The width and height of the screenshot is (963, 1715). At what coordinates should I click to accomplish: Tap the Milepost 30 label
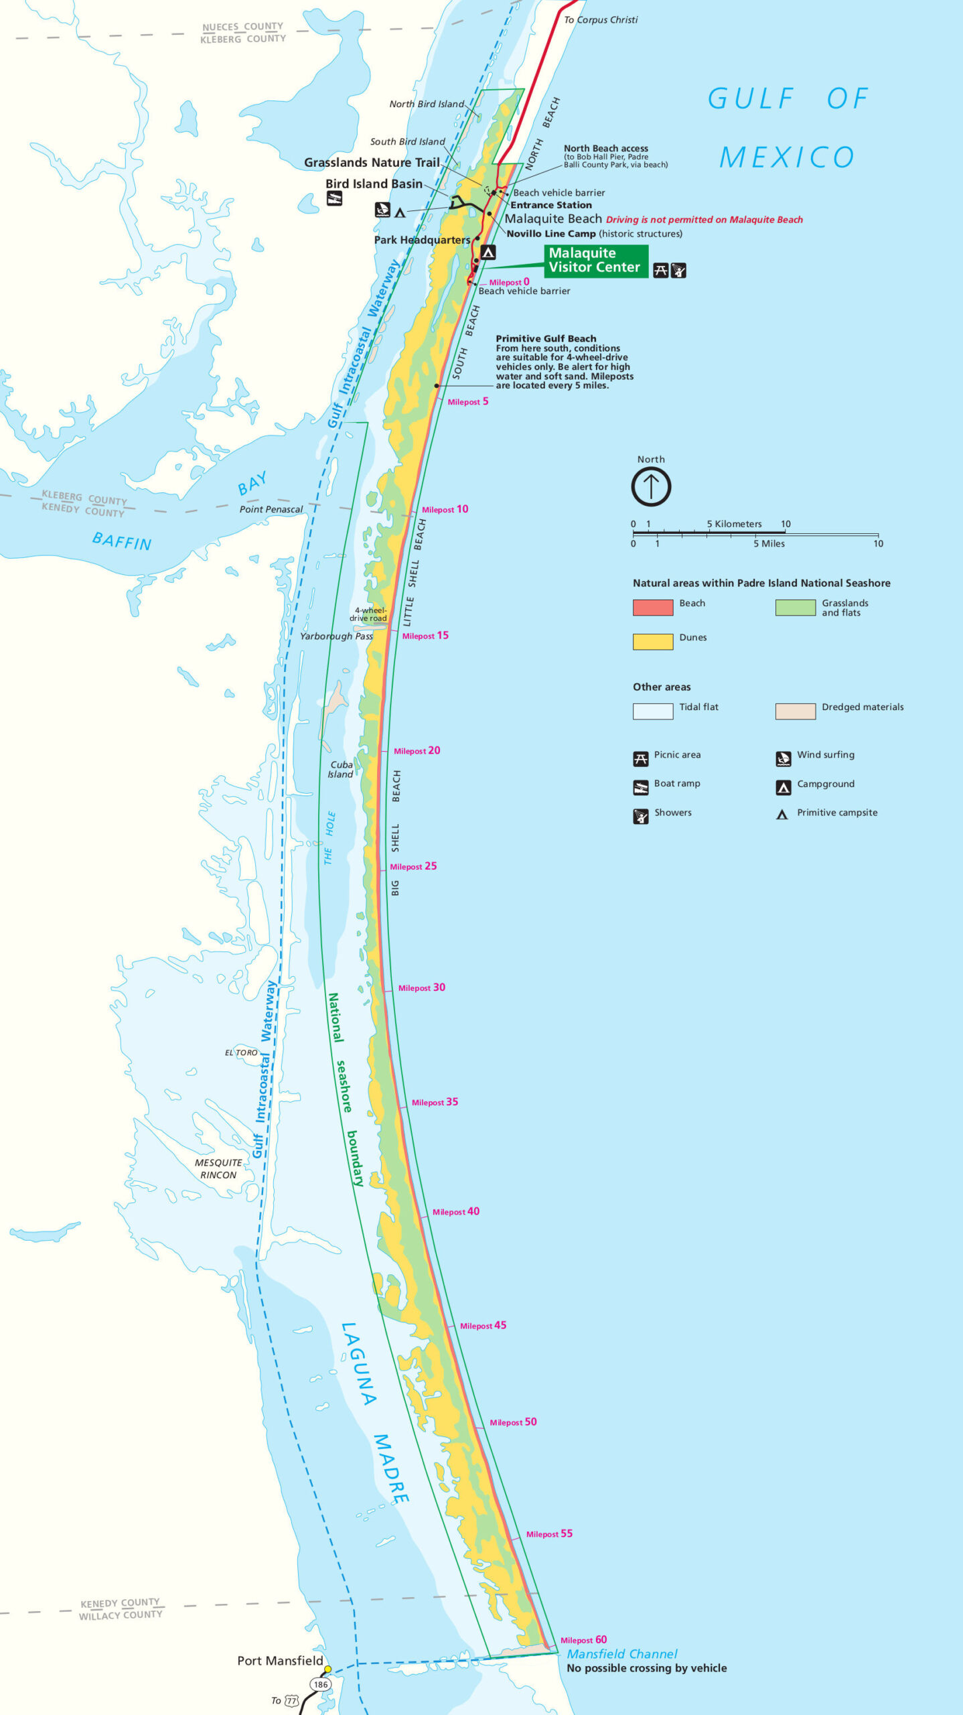point(421,987)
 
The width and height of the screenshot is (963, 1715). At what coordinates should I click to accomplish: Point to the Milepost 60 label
point(583,1640)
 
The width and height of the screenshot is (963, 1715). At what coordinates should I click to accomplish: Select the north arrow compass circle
point(651,487)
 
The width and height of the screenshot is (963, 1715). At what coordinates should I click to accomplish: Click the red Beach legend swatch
point(653,608)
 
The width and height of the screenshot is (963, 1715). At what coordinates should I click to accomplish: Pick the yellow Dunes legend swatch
point(653,642)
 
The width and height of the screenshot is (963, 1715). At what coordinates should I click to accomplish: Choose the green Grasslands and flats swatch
point(795,608)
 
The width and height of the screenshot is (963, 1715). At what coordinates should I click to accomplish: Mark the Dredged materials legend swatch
point(795,711)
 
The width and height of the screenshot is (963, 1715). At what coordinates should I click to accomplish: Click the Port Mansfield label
point(280,1661)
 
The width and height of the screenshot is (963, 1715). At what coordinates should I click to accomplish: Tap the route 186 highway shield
point(321,1684)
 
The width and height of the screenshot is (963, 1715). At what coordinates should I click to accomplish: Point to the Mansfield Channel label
point(622,1654)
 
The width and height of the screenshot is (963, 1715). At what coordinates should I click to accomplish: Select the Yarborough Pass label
point(336,636)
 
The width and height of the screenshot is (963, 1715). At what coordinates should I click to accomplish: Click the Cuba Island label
point(341,769)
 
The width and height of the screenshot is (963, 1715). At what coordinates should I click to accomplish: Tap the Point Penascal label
point(271,509)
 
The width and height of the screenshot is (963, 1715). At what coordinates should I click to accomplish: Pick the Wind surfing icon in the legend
point(783,759)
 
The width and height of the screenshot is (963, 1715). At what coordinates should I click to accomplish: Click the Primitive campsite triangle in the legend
point(782,815)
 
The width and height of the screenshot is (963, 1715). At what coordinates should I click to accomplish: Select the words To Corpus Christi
point(601,20)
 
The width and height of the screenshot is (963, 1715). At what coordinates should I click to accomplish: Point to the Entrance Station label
point(550,205)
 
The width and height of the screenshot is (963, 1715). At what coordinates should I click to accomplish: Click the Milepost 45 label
point(483,1326)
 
